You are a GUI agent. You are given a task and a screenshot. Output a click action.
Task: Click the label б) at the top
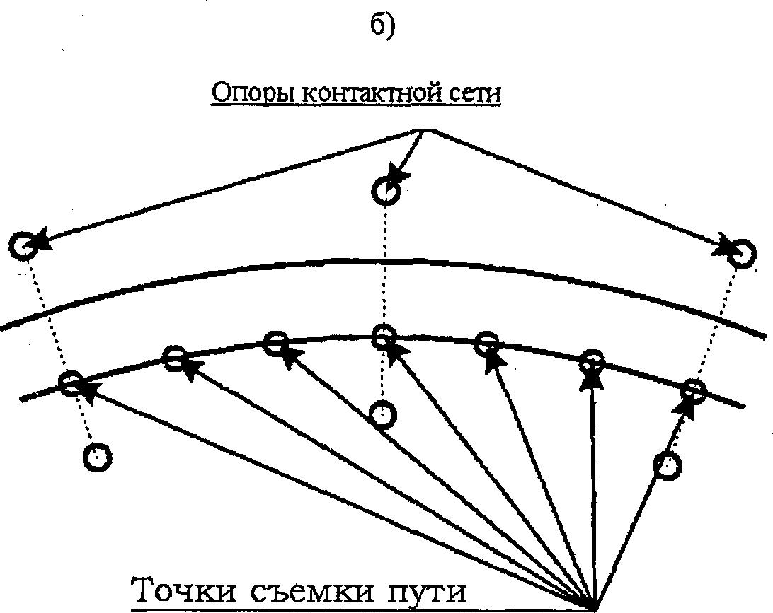coord(384,26)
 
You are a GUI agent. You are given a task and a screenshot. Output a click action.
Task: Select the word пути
coord(425,592)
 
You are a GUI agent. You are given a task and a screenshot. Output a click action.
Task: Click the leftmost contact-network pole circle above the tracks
coord(23,245)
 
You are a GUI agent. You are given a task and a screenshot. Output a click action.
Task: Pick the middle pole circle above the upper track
coord(386,191)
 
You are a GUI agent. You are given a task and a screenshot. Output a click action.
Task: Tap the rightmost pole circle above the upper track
coord(740,253)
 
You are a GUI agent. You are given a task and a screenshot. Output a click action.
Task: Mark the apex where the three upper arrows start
coord(423,129)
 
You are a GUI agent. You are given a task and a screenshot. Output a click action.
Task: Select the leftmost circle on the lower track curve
coord(71,384)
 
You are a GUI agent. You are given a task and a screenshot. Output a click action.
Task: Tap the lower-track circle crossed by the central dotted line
coord(383,336)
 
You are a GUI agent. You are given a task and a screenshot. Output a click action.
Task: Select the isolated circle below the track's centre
coord(383,414)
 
